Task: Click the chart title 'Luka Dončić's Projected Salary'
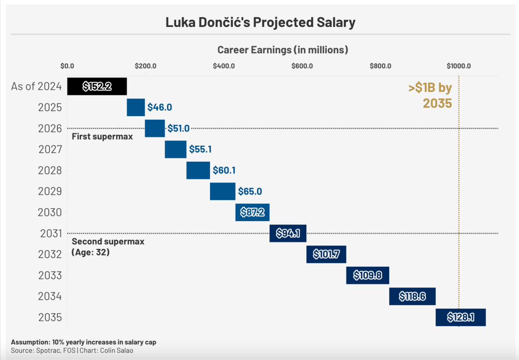(x=260, y=22)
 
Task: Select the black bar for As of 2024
(x=97, y=87)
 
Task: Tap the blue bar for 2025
(x=135, y=107)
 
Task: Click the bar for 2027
(x=176, y=150)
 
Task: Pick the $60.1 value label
(x=224, y=171)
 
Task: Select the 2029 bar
(x=223, y=192)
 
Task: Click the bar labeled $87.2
(x=252, y=212)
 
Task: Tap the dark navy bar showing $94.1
(x=288, y=233)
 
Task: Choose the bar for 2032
(x=326, y=254)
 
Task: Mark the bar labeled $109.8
(x=367, y=275)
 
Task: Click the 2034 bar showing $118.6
(x=412, y=296)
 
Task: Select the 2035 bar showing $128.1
(x=461, y=317)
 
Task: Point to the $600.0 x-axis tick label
(x=302, y=66)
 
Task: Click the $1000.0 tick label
(x=459, y=66)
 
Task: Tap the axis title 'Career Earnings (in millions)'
(x=283, y=50)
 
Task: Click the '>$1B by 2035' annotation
(x=430, y=95)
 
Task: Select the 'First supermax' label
(x=102, y=136)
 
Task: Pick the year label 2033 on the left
(x=50, y=276)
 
